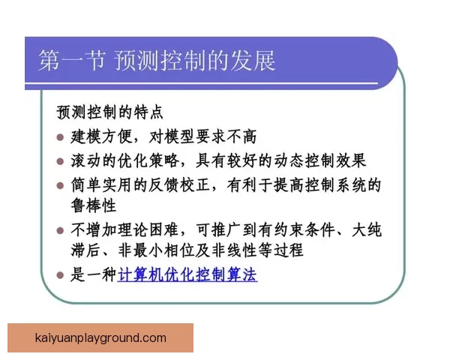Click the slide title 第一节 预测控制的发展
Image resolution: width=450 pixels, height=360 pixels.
pos(157,61)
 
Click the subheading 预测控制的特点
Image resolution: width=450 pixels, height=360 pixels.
pos(109,112)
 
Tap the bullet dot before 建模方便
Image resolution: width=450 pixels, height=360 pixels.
pos(61,137)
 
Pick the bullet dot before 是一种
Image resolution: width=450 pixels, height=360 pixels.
pos(61,275)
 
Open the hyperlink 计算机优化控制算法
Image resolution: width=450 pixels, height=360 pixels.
pos(187,275)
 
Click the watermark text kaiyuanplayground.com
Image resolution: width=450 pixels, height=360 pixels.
pos(100,338)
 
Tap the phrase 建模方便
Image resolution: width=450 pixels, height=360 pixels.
pos(97,137)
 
